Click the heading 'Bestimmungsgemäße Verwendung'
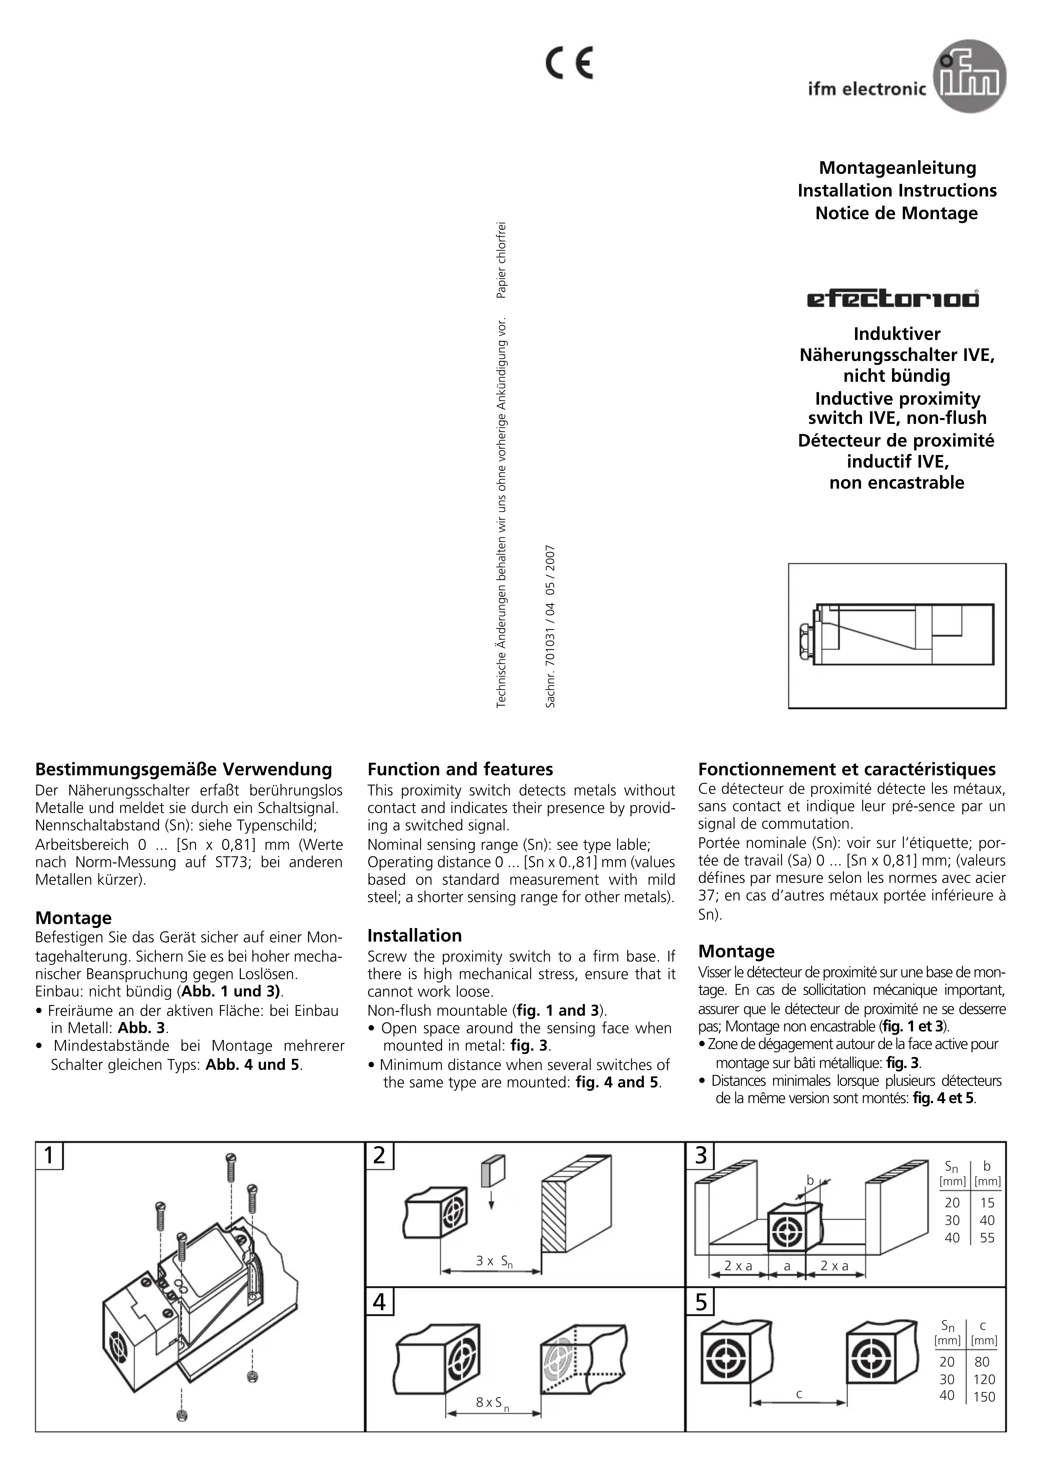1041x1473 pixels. [184, 769]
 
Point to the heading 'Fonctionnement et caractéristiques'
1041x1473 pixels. [846, 769]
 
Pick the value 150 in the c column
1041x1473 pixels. [984, 1397]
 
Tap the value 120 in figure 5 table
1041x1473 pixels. [984, 1379]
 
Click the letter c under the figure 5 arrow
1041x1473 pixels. [799, 1393]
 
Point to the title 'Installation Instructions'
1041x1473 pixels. [897, 191]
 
